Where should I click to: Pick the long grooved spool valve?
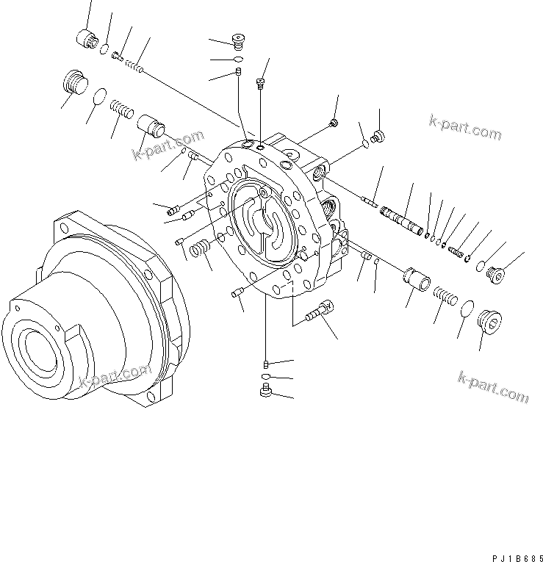click(x=400, y=221)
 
